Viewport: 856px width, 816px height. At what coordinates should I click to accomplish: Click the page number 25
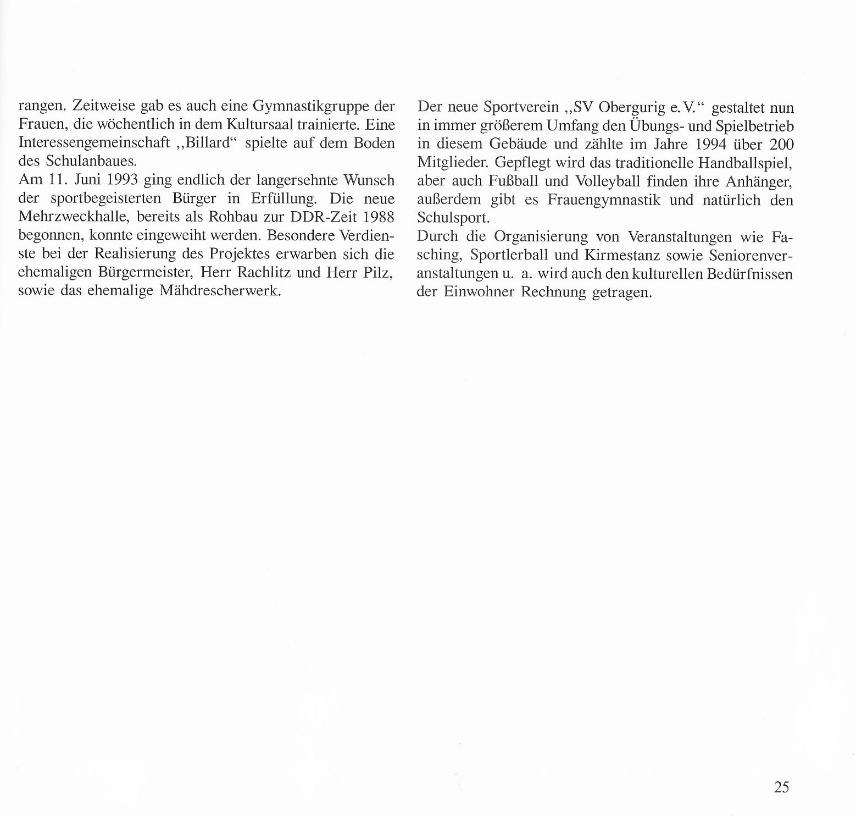click(x=781, y=787)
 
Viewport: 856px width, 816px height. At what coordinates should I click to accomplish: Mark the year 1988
click(x=379, y=217)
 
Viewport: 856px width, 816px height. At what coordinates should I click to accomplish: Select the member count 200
click(x=781, y=145)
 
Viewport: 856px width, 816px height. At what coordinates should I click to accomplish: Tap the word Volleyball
click(x=600, y=181)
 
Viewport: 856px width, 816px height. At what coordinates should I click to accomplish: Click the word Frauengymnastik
click(x=604, y=200)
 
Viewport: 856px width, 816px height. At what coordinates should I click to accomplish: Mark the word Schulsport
click(x=453, y=218)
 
